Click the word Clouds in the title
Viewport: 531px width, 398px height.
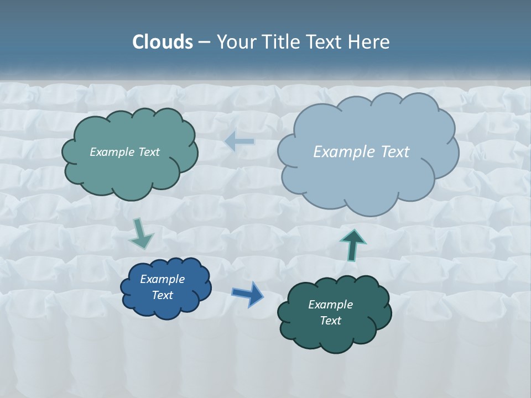click(162, 42)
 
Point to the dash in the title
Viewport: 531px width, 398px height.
click(204, 43)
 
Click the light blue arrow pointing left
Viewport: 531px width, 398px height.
click(240, 141)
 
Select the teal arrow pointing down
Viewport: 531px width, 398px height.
click(141, 234)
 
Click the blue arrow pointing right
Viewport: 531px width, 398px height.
click(248, 294)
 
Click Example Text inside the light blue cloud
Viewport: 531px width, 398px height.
click(361, 151)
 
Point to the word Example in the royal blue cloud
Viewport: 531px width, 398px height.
click(162, 279)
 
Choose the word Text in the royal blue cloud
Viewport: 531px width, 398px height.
click(162, 295)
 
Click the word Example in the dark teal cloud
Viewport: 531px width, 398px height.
click(330, 305)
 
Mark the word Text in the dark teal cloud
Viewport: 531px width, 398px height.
click(330, 321)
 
